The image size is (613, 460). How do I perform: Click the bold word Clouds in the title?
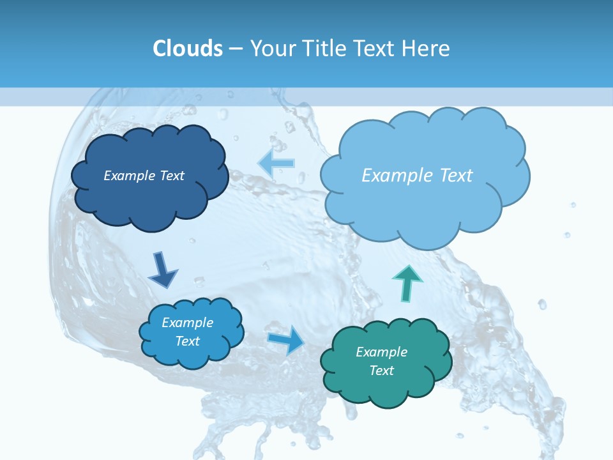(187, 48)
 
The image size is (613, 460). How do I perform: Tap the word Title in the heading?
(325, 48)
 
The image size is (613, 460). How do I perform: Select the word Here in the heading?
(428, 48)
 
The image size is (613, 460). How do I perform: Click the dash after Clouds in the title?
(236, 49)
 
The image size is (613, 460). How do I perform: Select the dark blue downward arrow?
(162, 270)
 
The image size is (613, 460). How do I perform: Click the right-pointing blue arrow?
(287, 339)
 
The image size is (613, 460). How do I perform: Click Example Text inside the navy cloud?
(144, 176)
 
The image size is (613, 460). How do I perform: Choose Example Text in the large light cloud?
(417, 176)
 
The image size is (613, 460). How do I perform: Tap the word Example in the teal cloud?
(381, 352)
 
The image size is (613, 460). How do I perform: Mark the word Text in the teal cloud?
(381, 371)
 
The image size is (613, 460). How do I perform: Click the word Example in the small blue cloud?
(187, 323)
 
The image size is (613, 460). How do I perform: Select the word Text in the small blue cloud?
(187, 341)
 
